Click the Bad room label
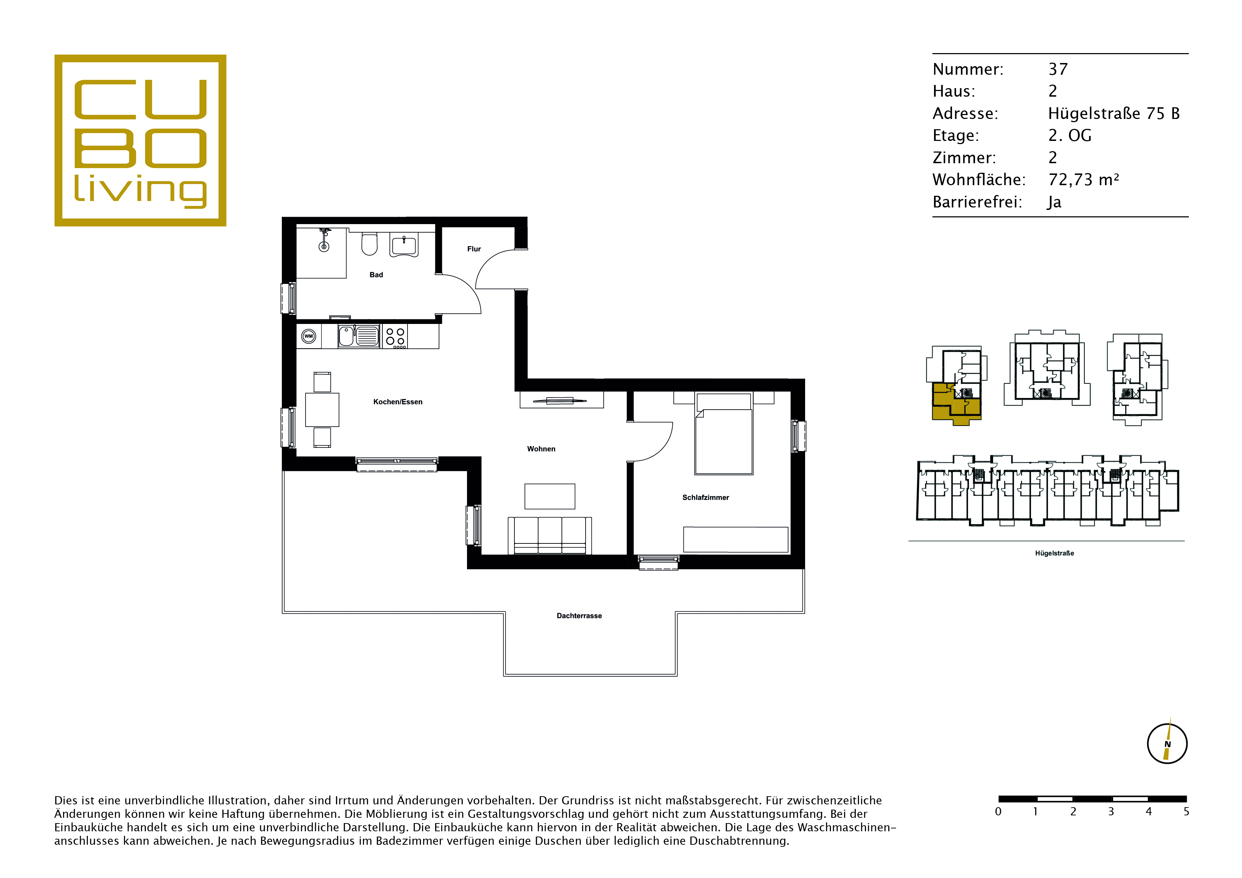376,275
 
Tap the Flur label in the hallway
474,249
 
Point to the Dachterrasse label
579,616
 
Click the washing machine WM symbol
308,336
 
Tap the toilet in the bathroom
370,244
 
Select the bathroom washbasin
404,246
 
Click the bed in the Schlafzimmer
724,434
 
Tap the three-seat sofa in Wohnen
549,536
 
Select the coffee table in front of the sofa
549,496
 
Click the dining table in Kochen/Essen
323,410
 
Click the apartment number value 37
1058,69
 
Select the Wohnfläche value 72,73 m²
1083,179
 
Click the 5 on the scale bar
1186,811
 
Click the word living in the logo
140,190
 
